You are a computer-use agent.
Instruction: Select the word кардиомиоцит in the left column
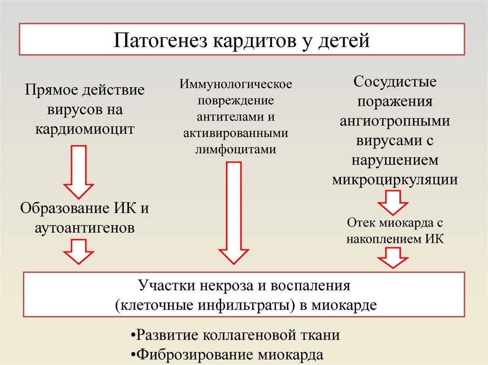pyautogui.click(x=84, y=129)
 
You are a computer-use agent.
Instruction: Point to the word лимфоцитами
pyautogui.click(x=235, y=149)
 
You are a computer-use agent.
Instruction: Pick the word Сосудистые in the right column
pyautogui.click(x=395, y=82)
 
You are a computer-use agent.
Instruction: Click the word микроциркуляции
pyautogui.click(x=395, y=180)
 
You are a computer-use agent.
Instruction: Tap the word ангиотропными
pyautogui.click(x=395, y=121)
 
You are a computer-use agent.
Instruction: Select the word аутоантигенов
pyautogui.click(x=84, y=228)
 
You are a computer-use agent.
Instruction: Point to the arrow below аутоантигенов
pyautogui.click(x=79, y=252)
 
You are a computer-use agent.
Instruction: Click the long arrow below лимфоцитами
pyautogui.click(x=233, y=212)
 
